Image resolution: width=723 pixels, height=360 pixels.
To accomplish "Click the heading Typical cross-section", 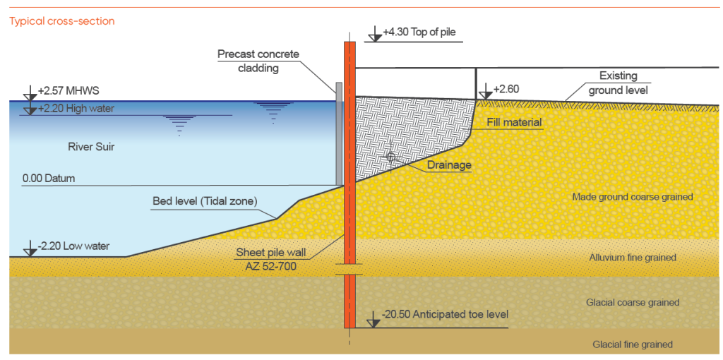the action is point(62,21).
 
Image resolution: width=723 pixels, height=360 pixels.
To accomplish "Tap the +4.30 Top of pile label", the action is point(419,32).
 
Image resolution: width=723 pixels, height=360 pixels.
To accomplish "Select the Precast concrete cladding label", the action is point(258,61).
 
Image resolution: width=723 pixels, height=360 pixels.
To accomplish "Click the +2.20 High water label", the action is point(76,109).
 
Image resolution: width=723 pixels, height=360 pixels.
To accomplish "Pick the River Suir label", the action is point(90,148).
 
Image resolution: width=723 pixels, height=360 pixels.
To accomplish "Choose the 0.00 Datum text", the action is point(48,179).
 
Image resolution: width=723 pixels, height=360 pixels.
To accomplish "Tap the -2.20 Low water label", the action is point(73,246).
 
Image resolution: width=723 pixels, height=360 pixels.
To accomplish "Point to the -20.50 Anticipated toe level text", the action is point(445,315).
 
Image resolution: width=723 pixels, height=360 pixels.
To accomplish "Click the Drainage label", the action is point(448,164).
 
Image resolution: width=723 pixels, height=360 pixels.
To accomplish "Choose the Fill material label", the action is point(514,123).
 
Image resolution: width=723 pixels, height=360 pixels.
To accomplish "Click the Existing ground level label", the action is point(618,83).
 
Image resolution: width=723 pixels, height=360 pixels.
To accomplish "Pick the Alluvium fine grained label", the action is point(633,258).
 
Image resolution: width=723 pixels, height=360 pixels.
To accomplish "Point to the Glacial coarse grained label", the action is point(633,303).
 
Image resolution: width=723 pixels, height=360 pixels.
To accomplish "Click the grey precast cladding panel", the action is point(339,133).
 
